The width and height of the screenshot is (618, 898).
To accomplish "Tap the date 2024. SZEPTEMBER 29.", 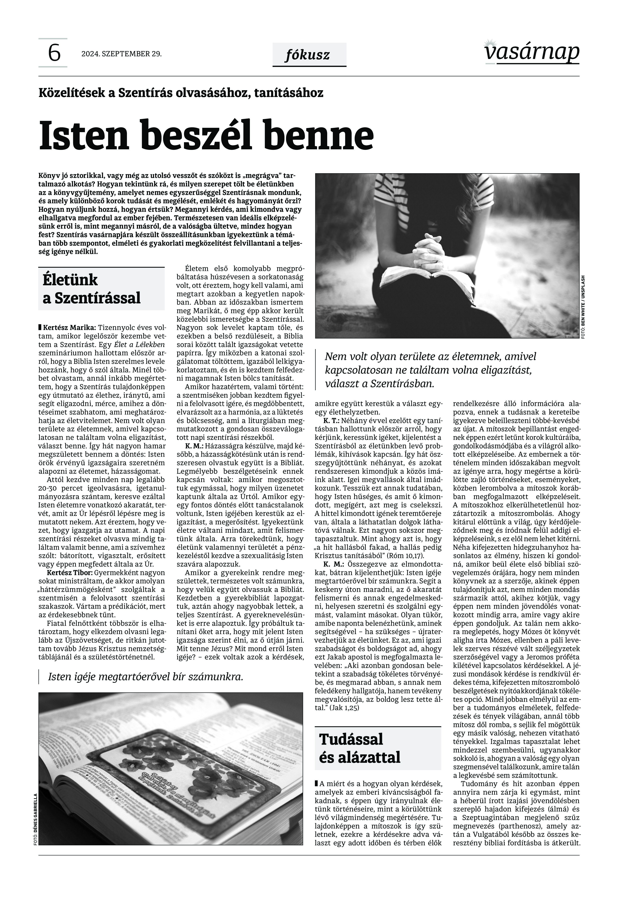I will tap(121, 54).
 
